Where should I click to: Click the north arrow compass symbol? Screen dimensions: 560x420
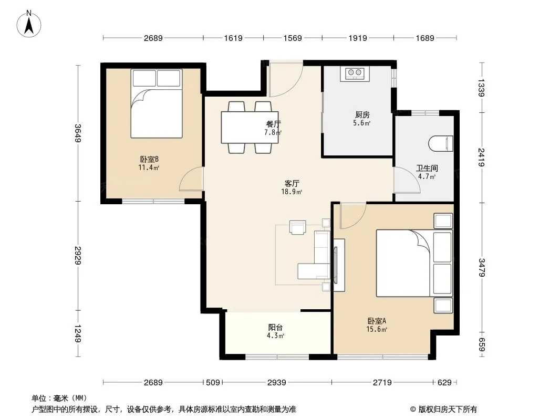click(x=29, y=24)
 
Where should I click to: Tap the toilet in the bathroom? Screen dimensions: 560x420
click(x=440, y=143)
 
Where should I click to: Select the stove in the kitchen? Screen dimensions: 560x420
click(x=355, y=73)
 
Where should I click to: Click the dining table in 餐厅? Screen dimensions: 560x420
click(x=250, y=128)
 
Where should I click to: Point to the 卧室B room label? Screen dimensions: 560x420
click(x=149, y=159)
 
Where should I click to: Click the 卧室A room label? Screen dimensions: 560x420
click(x=377, y=321)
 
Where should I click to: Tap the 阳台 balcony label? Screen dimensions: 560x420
click(x=275, y=327)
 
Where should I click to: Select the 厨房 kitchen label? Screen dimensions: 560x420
click(x=362, y=114)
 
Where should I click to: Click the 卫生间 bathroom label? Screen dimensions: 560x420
click(x=427, y=168)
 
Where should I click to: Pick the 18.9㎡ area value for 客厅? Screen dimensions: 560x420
click(x=292, y=192)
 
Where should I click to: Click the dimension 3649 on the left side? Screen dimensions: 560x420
click(x=78, y=133)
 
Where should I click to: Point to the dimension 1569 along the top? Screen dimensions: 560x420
click(x=293, y=38)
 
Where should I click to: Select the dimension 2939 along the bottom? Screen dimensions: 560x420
click(x=277, y=383)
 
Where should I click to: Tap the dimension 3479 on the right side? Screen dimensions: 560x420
click(x=481, y=267)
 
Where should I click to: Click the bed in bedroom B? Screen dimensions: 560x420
click(x=157, y=103)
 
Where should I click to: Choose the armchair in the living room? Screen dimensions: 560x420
click(x=297, y=228)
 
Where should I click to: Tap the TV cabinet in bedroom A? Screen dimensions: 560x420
click(x=339, y=265)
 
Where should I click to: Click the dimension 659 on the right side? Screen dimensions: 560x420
click(x=481, y=344)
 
